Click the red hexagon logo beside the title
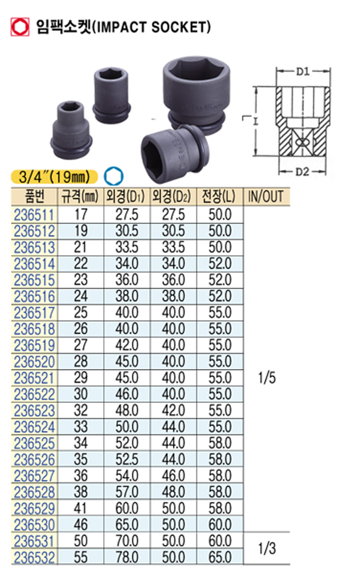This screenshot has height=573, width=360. pos(20,27)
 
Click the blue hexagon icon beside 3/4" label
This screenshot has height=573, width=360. pos(113,176)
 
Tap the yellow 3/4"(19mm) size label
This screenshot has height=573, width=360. pos(55,177)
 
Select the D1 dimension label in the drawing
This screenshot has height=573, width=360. pos(303,71)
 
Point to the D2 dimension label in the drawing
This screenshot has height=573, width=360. pos(302,171)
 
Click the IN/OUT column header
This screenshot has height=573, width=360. pos(266,197)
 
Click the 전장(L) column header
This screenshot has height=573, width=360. pos(220,197)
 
